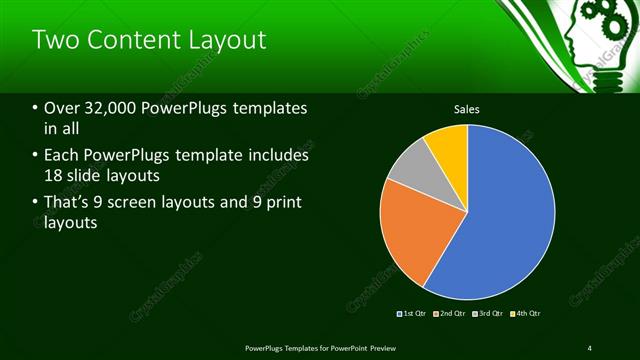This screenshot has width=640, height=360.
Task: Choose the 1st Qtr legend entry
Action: (x=414, y=314)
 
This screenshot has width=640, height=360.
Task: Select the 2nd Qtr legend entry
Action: (x=452, y=314)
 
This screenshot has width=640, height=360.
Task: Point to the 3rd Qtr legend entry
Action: (x=490, y=314)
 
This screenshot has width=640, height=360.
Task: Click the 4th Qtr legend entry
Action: (x=527, y=314)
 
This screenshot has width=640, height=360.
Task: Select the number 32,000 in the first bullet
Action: (x=106, y=108)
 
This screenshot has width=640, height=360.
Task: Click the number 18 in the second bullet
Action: (x=55, y=177)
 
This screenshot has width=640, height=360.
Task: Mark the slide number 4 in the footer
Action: (x=589, y=347)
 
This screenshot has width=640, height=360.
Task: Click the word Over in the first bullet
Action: (x=62, y=108)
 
